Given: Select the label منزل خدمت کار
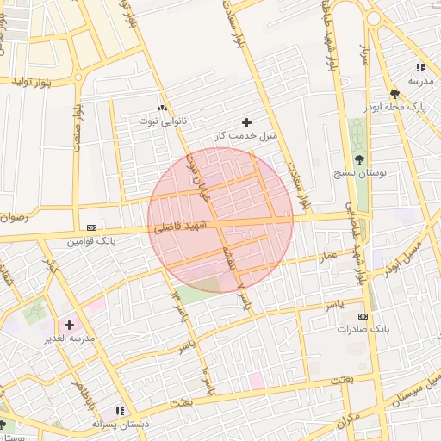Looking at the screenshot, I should pos(244,136).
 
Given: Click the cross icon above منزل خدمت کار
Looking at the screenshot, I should pos(247,122).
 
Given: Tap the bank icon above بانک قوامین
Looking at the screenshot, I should pos(92,227).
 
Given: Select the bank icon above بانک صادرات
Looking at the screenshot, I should pos(363,317).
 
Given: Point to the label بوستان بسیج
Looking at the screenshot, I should pos(358,173).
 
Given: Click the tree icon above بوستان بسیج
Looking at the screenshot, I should pos(359,159).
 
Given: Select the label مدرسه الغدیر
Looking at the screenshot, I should pos(68,339).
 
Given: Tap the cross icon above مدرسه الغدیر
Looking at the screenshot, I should pos(69,326).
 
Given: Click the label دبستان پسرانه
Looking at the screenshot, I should pos(121,425).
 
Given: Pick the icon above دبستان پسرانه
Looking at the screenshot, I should pos(121,411).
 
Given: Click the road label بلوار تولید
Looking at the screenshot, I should pos(33,81).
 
